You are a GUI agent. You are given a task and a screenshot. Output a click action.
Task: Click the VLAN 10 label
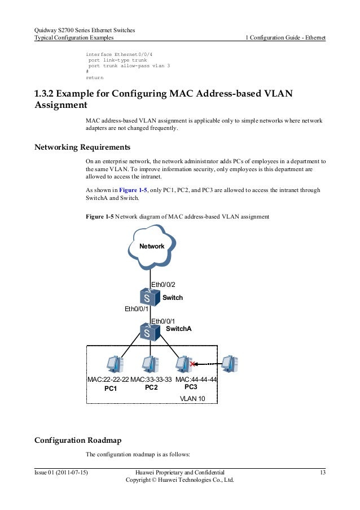(192, 398)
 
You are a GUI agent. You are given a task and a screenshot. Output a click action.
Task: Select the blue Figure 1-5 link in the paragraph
(130, 190)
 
